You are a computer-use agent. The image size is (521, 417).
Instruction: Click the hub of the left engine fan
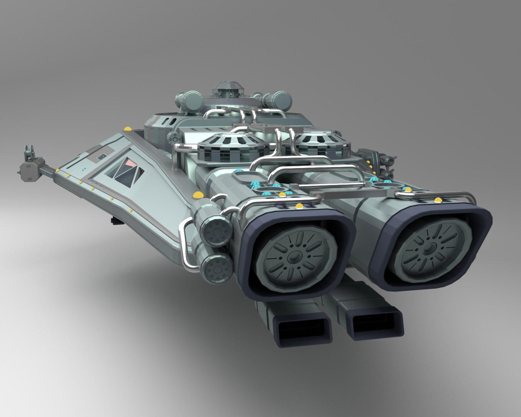296,256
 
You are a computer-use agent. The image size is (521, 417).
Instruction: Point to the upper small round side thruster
215,231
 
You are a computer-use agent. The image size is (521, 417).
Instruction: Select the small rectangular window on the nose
103,156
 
